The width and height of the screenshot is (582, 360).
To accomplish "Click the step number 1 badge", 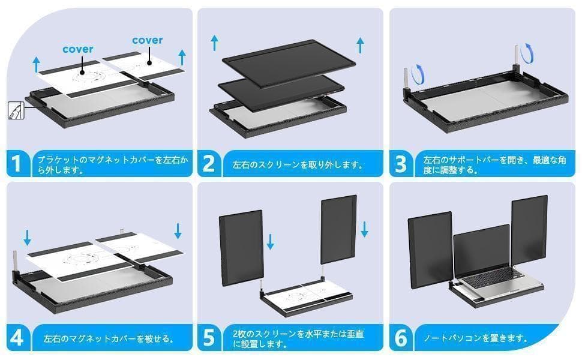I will coord(19,163).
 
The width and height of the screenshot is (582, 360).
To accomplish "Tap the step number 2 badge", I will coord(208,163).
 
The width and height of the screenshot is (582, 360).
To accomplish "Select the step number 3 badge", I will coord(401,163).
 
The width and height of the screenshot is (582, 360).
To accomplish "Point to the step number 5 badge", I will coord(208,338).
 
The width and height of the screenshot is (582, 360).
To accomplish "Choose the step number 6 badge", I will coord(401,338).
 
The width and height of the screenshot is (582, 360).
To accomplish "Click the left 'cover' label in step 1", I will coord(78,49).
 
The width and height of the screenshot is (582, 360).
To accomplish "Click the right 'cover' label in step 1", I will coord(147,40).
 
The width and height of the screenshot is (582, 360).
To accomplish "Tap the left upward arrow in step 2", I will coord(214,43).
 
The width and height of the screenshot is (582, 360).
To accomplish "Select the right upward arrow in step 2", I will coord(360,44).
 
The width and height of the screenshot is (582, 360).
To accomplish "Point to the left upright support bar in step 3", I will coord(408,78).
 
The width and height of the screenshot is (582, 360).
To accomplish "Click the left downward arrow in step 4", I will coord(27,238).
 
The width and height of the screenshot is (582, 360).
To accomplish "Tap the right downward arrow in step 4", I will coord(178,230).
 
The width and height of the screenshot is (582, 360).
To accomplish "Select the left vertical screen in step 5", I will coord(240,247).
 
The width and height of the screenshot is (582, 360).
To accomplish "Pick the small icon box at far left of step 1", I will coord(13,110).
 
